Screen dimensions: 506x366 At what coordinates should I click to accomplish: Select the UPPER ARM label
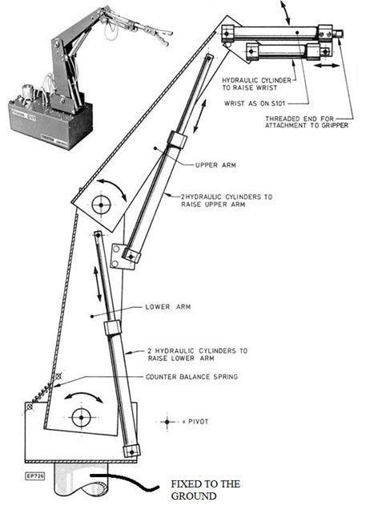[213, 166]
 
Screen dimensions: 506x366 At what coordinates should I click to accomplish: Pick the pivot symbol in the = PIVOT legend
[167, 420]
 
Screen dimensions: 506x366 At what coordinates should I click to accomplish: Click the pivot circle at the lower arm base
[81, 418]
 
